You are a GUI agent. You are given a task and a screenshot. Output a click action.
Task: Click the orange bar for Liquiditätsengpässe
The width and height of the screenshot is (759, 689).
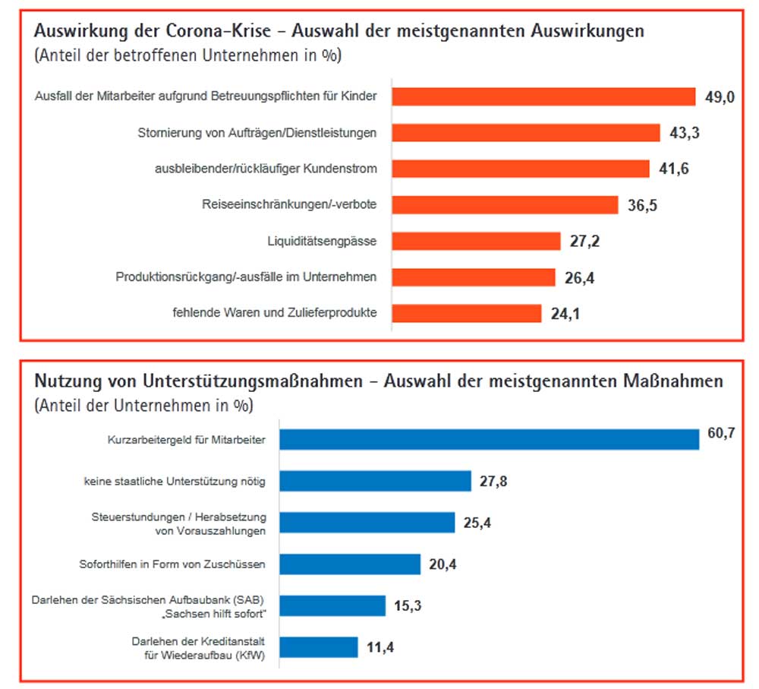point(476,241)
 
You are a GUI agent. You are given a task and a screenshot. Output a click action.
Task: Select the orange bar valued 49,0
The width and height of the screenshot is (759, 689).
point(543,96)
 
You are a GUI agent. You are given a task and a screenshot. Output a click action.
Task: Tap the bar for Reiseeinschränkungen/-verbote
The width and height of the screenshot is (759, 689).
point(505,205)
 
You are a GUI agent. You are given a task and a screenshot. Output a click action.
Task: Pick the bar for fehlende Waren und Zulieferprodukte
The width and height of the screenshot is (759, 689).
point(466,313)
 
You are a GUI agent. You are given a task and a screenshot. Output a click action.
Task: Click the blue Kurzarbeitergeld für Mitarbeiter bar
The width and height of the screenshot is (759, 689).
point(489,440)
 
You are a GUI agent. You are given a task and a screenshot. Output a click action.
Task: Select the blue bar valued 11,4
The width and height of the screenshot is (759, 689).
point(318,647)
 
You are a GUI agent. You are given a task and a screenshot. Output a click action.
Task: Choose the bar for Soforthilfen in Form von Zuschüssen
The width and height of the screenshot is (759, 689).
point(349,564)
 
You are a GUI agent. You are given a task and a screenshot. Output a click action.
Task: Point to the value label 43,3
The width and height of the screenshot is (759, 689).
point(684,133)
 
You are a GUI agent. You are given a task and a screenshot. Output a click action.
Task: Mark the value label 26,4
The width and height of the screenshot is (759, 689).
point(579,278)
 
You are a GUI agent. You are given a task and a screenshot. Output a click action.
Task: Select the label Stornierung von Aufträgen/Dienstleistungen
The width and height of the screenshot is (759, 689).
point(257,133)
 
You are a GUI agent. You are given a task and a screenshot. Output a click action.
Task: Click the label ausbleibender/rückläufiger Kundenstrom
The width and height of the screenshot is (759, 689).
point(266,169)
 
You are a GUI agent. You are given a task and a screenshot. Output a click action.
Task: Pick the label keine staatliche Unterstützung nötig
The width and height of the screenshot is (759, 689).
point(175,481)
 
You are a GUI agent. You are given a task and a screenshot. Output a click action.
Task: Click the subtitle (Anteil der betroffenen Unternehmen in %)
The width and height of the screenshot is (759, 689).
point(188,55)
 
